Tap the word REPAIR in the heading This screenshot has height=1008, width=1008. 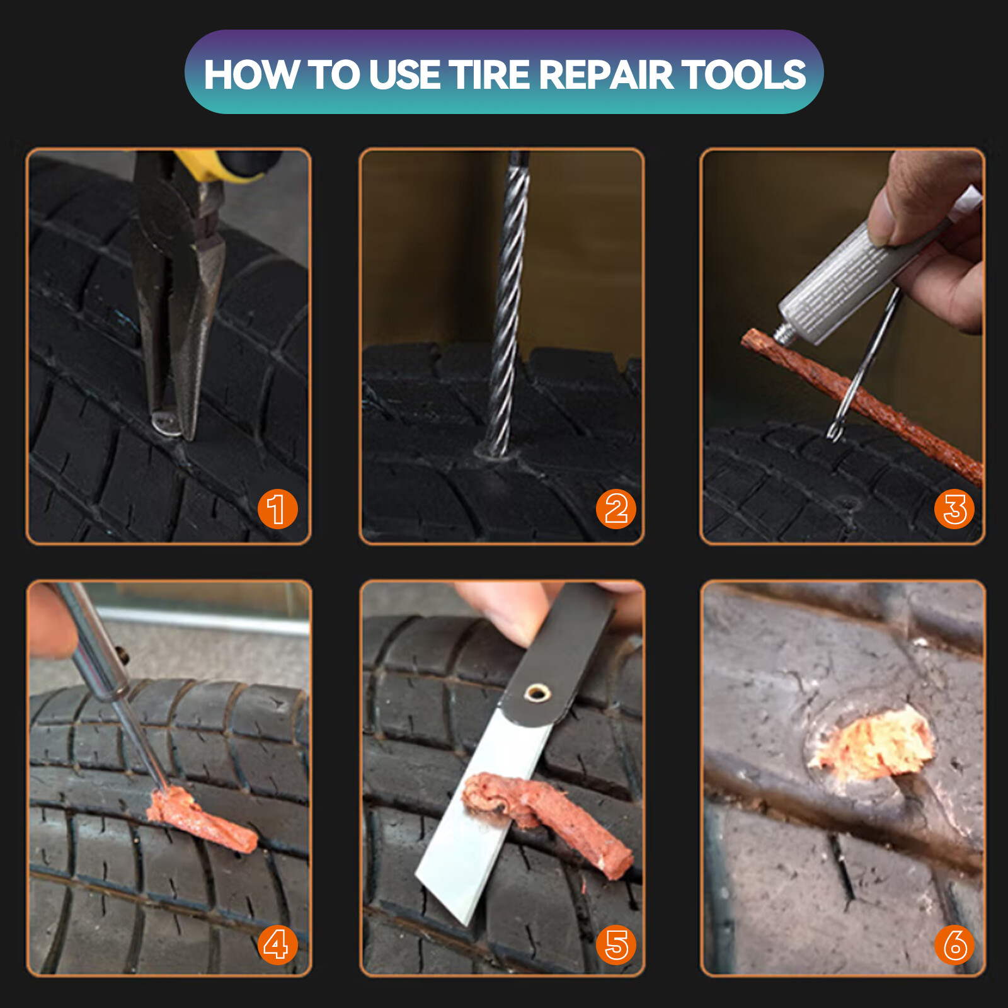(606, 75)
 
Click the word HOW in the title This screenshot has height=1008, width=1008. (251, 75)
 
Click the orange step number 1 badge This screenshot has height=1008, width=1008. (277, 508)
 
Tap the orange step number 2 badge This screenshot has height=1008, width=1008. (616, 508)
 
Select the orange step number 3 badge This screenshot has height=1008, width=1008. (954, 508)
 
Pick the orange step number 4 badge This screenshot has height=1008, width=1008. (277, 944)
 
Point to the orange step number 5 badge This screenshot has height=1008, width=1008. (616, 944)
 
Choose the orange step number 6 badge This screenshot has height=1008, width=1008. (954, 944)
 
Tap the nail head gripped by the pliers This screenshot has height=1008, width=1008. (165, 423)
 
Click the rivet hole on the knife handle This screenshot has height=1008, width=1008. (537, 694)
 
